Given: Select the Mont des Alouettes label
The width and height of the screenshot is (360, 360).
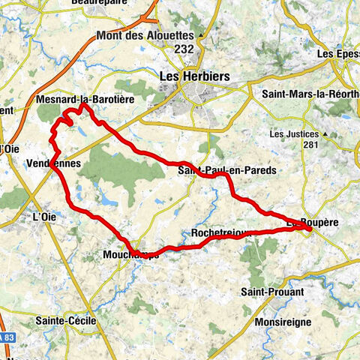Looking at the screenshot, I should click(x=142, y=35).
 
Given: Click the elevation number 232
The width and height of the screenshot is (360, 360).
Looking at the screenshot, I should click(x=184, y=49).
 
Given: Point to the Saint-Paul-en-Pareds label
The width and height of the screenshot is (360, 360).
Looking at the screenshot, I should click(x=227, y=171).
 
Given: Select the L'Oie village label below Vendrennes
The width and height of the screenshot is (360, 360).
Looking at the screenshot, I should click(x=46, y=217).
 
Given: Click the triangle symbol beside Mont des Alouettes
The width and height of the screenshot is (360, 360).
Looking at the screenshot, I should click(x=202, y=35).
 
